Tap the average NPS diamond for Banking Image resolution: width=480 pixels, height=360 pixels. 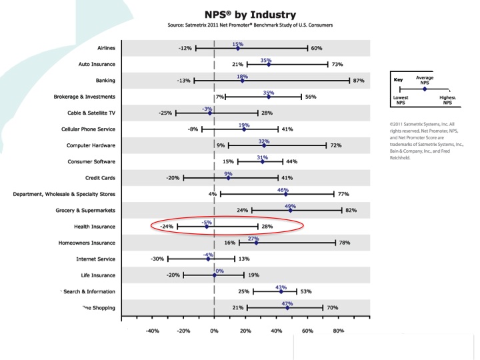(242, 81)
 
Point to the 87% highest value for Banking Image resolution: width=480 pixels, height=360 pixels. (359, 81)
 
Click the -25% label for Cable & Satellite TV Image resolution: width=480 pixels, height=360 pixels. (166, 113)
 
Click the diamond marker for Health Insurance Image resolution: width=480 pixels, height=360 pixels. (207, 227)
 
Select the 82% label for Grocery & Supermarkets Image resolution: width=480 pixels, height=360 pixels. (351, 210)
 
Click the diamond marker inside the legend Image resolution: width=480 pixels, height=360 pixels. (425, 89)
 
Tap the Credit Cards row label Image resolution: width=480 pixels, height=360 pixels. (100, 178)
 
